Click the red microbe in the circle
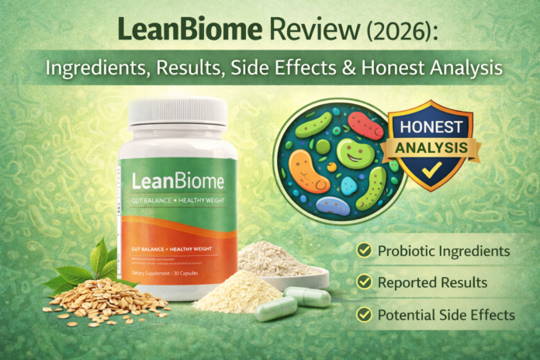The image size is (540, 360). pyautogui.click(x=364, y=124)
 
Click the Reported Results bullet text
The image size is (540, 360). pyautogui.click(x=432, y=283)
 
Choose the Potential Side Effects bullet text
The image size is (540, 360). pyautogui.click(x=446, y=315)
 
